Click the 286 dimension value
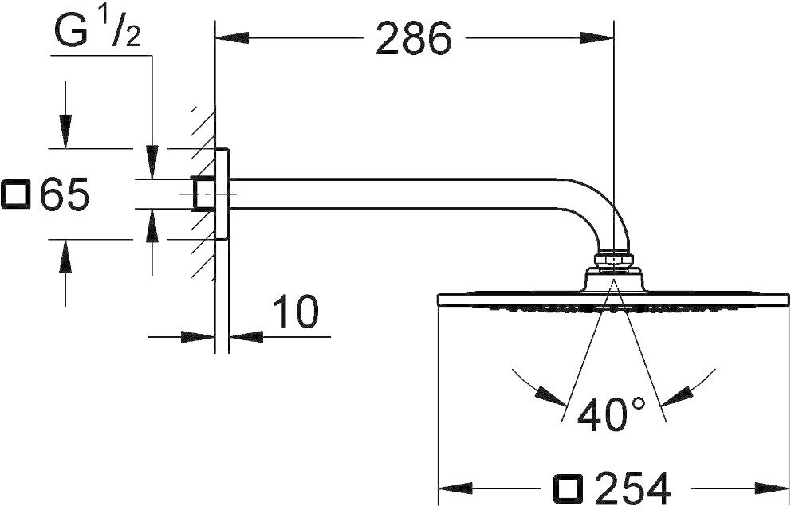click(412, 38)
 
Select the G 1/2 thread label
click(97, 32)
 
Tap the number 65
click(64, 195)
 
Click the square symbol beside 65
click(17, 195)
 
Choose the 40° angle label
click(612, 414)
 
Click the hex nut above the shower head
click(613, 259)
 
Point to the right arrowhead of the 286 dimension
click(600, 37)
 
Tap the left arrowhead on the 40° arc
click(551, 395)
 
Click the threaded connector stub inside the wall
click(203, 194)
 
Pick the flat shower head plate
click(614, 300)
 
